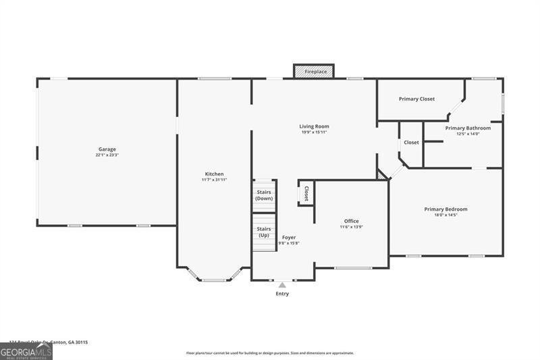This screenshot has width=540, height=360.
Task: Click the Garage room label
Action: click(x=107, y=149)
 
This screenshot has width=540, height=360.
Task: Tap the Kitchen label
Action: click(x=214, y=174)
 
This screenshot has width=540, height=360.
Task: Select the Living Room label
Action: click(x=315, y=126)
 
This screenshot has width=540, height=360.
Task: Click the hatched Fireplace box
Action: click(x=315, y=71)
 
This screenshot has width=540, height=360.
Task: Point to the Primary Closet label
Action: click(x=416, y=99)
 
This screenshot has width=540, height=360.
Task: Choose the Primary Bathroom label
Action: click(x=468, y=128)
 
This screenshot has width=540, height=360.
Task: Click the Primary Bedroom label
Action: click(x=446, y=209)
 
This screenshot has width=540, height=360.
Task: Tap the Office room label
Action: click(x=351, y=221)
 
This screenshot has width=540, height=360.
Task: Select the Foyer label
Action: click(x=289, y=237)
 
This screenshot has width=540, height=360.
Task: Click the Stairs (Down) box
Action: click(x=264, y=195)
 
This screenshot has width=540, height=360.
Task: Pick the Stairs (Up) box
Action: click(x=264, y=232)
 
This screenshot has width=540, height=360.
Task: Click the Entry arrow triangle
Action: click(x=282, y=285)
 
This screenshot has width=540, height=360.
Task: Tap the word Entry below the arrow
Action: click(x=282, y=294)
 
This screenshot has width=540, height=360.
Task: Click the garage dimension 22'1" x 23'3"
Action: click(x=107, y=155)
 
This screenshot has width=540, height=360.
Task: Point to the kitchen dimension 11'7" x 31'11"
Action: click(x=214, y=180)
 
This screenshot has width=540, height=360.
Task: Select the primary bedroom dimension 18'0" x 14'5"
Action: click(x=446, y=215)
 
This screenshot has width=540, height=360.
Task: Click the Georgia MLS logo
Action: click(x=26, y=351)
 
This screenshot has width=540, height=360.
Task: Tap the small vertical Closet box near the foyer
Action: click(x=306, y=193)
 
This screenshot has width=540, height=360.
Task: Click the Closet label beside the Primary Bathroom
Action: click(x=411, y=143)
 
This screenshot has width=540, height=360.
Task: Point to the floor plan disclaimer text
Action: click(x=270, y=353)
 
